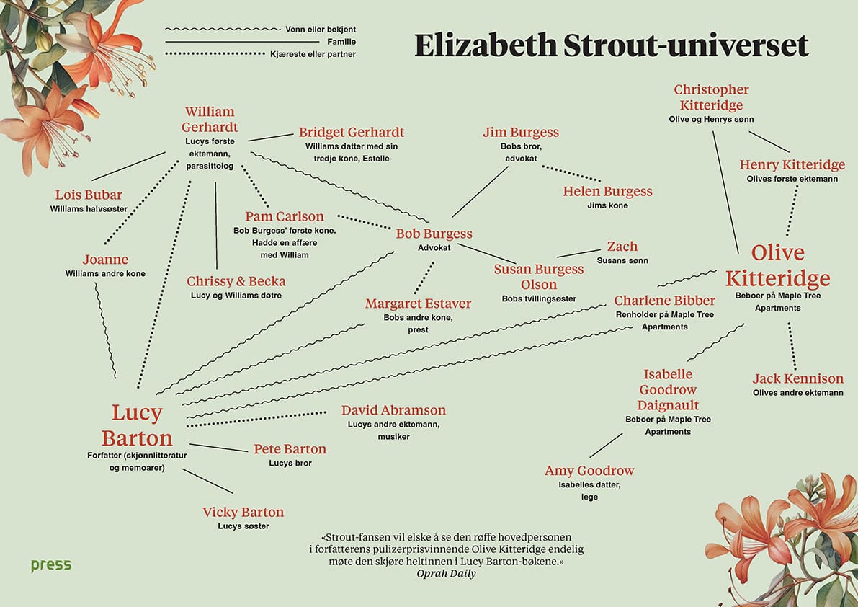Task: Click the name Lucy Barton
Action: (x=137, y=425)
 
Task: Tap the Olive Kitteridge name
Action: (x=777, y=265)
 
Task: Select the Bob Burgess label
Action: (x=434, y=234)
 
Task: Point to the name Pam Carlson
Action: (x=285, y=216)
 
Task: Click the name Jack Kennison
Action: (x=797, y=378)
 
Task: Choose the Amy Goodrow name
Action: (x=589, y=471)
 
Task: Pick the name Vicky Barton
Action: (x=243, y=513)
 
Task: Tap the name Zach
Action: (x=622, y=247)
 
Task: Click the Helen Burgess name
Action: (x=607, y=191)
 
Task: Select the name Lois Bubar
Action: (x=89, y=195)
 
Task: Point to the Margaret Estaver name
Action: (x=418, y=303)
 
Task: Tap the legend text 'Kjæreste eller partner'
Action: (x=313, y=54)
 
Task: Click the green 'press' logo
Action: (x=51, y=564)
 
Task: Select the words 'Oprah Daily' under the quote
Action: (x=446, y=574)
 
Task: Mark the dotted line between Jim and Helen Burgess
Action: (x=571, y=174)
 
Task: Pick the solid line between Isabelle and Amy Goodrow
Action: (x=606, y=445)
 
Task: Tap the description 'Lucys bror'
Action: (x=290, y=463)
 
